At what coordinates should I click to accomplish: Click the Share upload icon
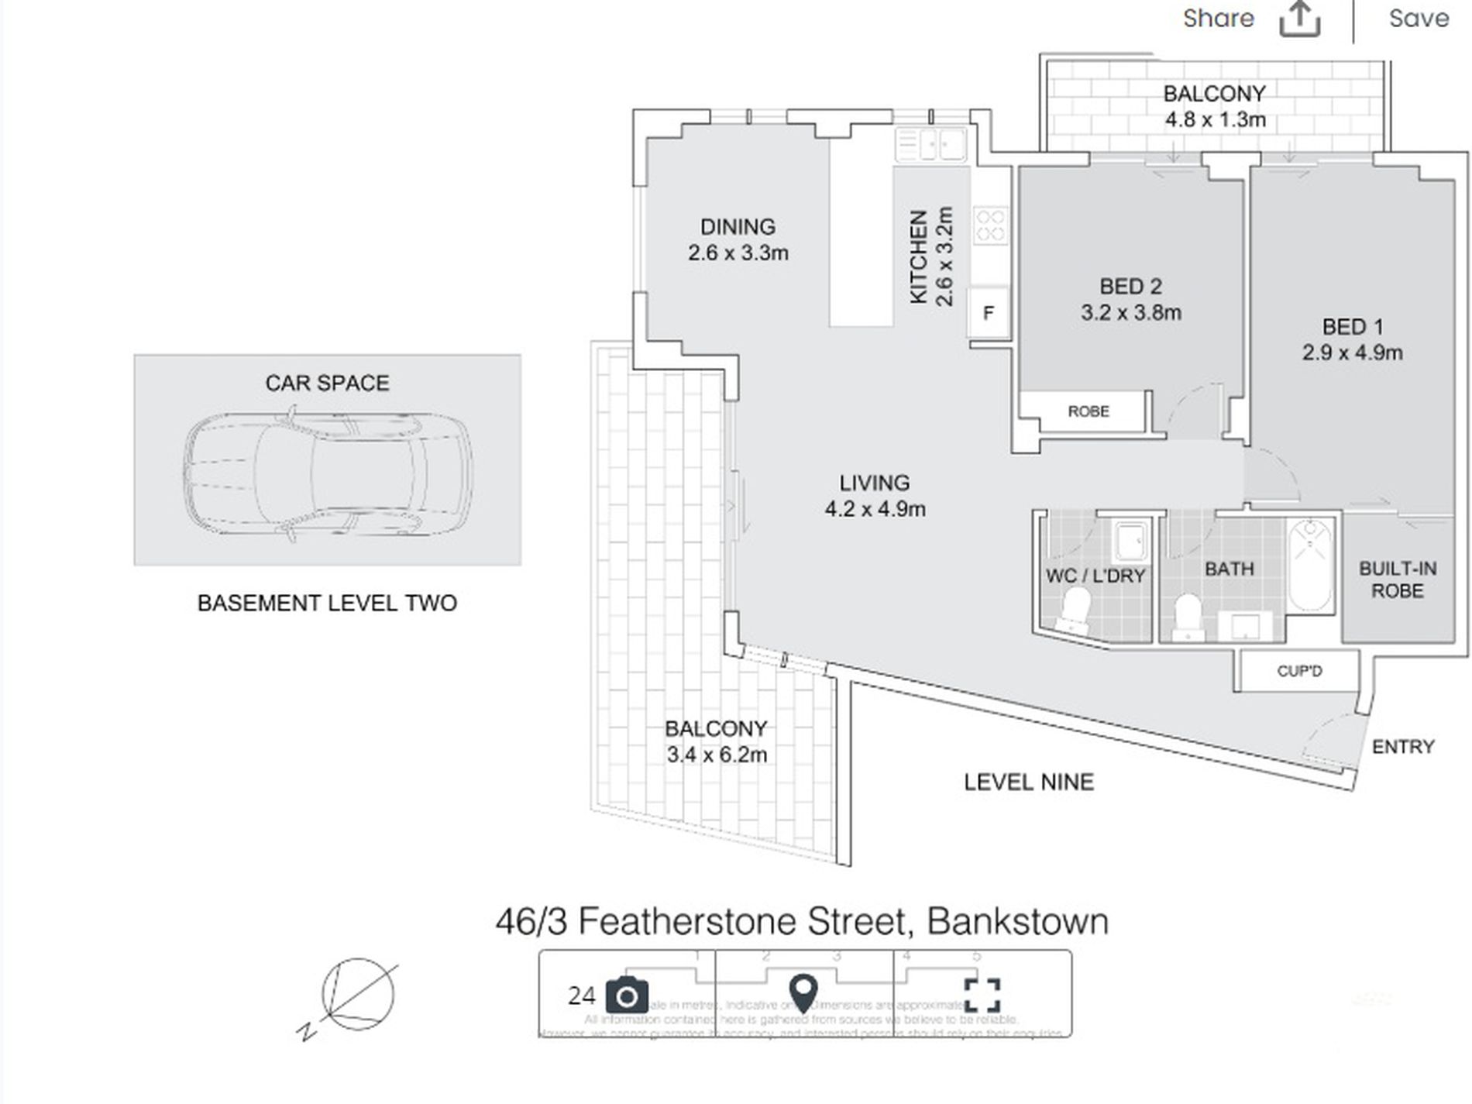[x=1299, y=19]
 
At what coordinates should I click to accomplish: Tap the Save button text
[x=1419, y=19]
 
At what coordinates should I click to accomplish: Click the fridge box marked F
[x=989, y=314]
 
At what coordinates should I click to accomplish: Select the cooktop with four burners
[x=990, y=225]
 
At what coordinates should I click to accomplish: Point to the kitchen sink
[x=930, y=144]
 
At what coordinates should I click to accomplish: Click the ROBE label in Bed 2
[x=1088, y=411]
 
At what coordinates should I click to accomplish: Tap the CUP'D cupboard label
[x=1299, y=671]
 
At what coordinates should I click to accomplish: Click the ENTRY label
[x=1403, y=747]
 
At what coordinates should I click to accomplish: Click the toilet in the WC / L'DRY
[x=1075, y=607]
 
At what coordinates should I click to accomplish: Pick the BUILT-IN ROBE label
[x=1398, y=580]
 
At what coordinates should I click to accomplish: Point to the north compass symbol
[x=353, y=996]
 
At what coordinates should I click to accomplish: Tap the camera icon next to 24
[x=627, y=996]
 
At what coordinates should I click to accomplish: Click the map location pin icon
[x=803, y=994]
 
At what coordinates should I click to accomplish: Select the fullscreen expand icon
[x=982, y=996]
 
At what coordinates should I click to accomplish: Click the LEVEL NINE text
[x=1029, y=782]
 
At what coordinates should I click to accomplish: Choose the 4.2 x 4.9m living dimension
[x=875, y=510]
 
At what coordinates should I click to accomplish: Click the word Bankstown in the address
[x=1017, y=922]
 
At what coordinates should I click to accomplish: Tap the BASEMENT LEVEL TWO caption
[x=327, y=604]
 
